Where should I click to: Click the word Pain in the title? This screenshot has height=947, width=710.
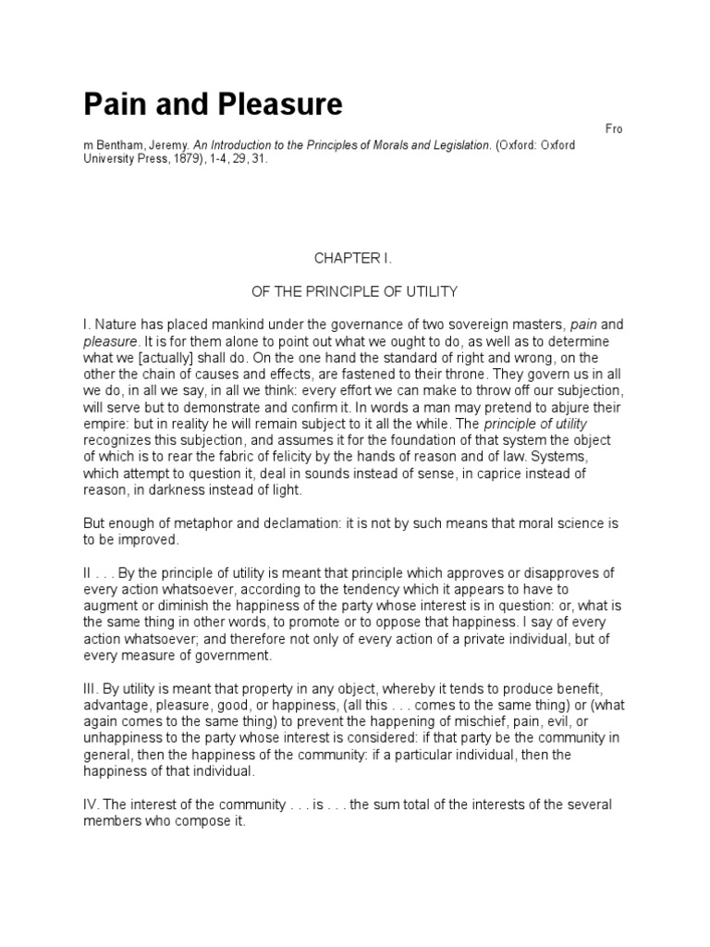[x=116, y=105]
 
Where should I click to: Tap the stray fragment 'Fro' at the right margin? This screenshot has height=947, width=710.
[x=613, y=129]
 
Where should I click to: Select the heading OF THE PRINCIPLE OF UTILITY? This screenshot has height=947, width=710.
[x=354, y=292]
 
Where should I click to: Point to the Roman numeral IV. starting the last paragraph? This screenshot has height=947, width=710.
[x=93, y=806]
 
